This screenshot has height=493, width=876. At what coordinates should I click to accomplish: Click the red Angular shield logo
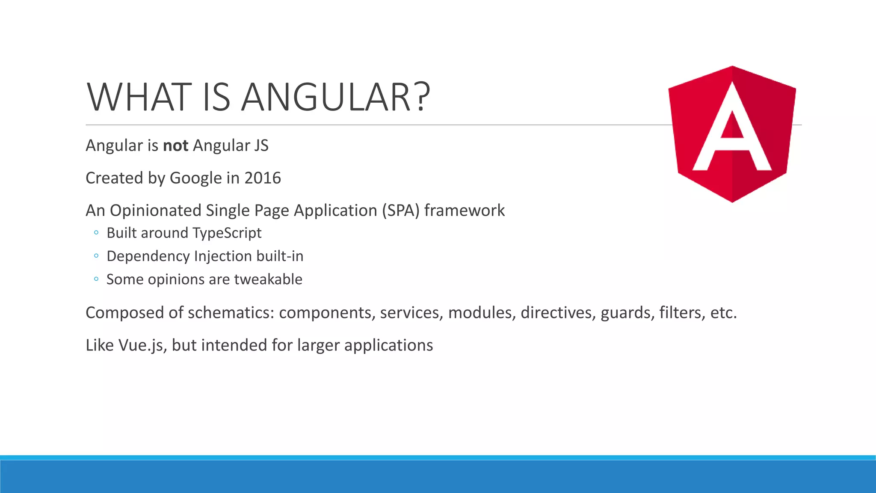732,134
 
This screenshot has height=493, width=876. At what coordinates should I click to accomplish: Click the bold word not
175,146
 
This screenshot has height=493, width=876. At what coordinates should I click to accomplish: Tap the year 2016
262,178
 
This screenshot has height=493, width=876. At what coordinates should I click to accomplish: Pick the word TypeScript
227,233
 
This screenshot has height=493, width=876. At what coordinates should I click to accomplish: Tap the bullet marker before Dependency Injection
96,256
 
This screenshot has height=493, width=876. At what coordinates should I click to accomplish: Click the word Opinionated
155,211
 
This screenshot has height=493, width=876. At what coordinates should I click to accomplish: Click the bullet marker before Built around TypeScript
96,233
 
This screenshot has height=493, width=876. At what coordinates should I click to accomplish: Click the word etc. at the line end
723,313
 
